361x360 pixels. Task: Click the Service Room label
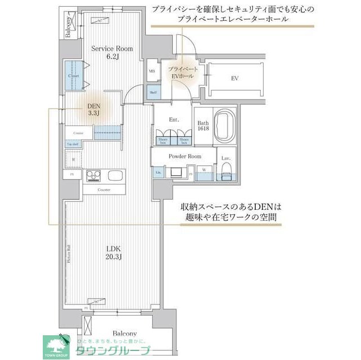tap(113, 52)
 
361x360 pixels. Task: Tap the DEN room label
tap(93, 109)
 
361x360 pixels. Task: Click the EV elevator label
tap(235, 78)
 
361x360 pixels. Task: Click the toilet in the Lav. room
tap(226, 173)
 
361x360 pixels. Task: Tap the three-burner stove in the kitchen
tap(93, 174)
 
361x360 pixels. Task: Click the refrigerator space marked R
tap(74, 160)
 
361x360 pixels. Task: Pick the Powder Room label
tap(184, 156)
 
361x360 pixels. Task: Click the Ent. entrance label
tap(174, 119)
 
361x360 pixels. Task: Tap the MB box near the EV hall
tap(152, 71)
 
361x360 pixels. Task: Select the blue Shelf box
tap(153, 92)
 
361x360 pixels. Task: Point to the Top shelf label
tap(74, 145)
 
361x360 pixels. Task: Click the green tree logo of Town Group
tap(56, 343)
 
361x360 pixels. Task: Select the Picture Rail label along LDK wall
tap(67, 255)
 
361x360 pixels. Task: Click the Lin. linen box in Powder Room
tap(158, 172)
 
